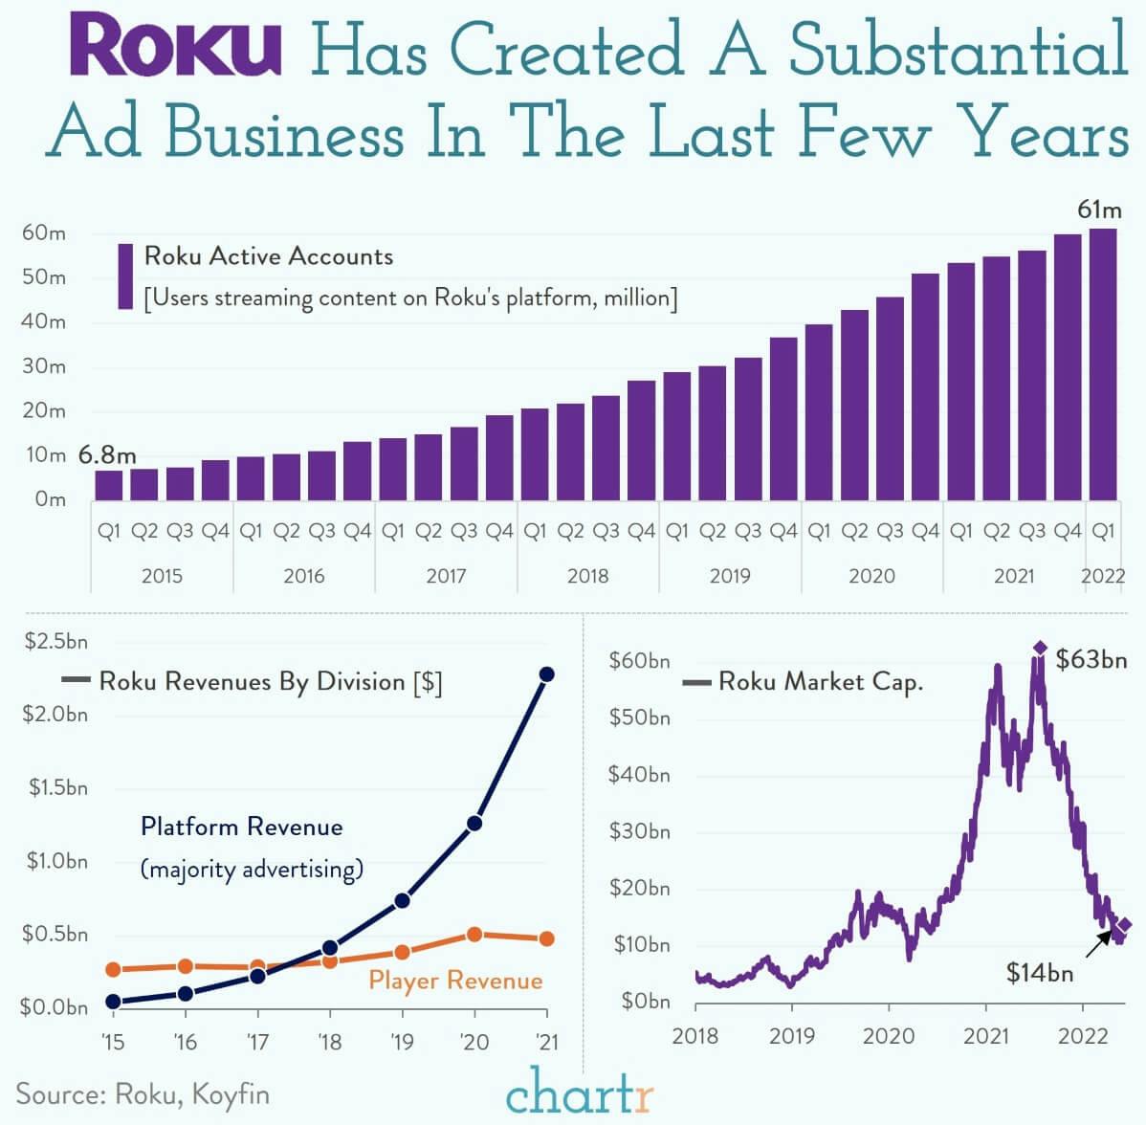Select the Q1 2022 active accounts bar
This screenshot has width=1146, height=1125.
(x=1103, y=364)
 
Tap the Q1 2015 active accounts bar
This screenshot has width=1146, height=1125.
(x=108, y=485)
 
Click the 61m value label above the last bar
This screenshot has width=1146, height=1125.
(x=1099, y=210)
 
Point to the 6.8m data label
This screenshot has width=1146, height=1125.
(x=107, y=455)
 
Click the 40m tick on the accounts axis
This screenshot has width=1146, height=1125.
(x=43, y=321)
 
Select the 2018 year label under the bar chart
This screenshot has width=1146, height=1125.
(x=587, y=576)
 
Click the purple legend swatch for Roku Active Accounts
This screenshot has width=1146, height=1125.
(x=125, y=276)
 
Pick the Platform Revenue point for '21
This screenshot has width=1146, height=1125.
(x=547, y=674)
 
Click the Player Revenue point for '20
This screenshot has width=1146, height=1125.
(x=474, y=935)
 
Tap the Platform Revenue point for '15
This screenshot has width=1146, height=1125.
(x=113, y=1002)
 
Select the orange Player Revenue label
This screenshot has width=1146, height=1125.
(x=455, y=981)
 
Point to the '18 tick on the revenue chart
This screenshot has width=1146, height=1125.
(x=329, y=1041)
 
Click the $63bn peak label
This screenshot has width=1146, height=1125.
(x=1091, y=659)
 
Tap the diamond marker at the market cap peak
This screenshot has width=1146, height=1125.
(x=1040, y=649)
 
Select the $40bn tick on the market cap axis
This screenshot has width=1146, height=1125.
(x=639, y=774)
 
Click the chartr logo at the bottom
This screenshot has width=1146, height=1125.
(x=579, y=1092)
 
